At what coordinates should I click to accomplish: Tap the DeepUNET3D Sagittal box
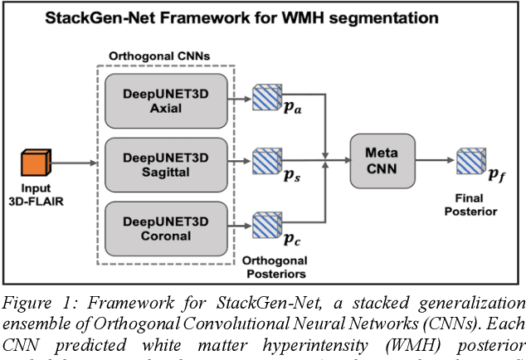pos(166,164)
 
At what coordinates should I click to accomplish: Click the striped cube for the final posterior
pos(470,160)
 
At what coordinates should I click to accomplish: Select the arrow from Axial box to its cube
pos(238,96)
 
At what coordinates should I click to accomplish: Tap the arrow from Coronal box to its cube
pos(238,224)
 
